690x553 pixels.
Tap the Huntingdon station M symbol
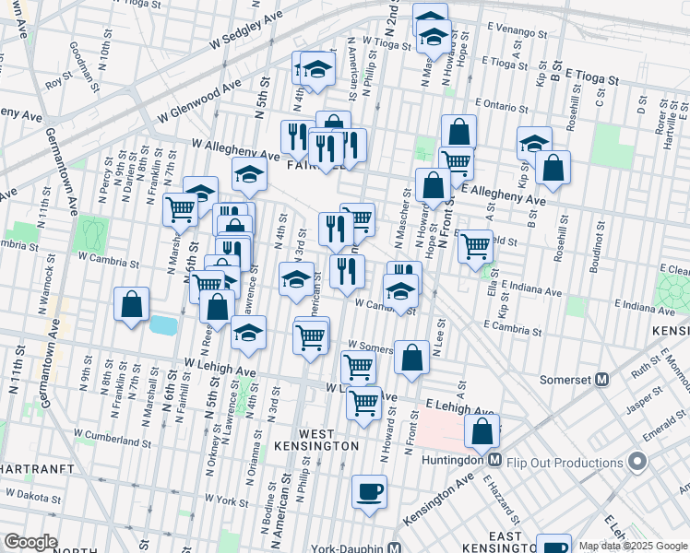click(494, 459)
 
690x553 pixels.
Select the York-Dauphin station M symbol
click(394, 547)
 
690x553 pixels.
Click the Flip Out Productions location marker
click(636, 460)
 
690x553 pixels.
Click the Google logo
click(30, 542)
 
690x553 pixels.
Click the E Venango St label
click(513, 29)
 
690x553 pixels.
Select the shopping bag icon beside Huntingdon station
click(482, 429)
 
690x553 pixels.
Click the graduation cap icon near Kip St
click(534, 143)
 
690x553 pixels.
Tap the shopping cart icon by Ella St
click(475, 245)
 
